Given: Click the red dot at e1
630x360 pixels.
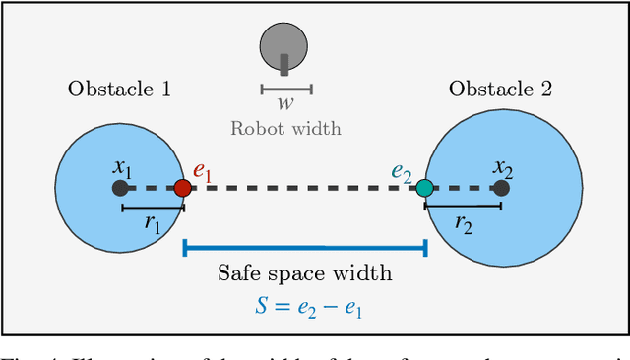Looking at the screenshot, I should tap(182, 187).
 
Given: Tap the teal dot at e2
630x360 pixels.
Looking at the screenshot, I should tap(424, 187).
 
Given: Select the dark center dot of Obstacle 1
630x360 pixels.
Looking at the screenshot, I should tap(120, 187).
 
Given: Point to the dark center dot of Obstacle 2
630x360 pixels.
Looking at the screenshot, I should tap(501, 187).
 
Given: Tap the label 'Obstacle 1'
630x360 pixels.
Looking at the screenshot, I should tap(119, 89).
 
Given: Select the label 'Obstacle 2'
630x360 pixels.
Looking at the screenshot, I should tap(500, 89).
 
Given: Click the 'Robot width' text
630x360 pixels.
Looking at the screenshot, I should tap(285, 127).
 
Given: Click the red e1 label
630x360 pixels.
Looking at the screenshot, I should tap(203, 170).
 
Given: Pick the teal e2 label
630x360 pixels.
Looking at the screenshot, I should tap(402, 170).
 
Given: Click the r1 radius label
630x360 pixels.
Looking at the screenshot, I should tap(152, 224).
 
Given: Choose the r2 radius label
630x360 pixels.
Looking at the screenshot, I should tap(463, 224).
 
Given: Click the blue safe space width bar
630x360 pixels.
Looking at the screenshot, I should tap(304, 247).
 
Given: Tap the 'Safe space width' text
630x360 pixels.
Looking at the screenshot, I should tap(304, 272).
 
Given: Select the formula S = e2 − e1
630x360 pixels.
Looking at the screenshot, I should tap(304, 305).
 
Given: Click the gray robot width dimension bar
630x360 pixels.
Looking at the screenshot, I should tap(286, 89).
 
